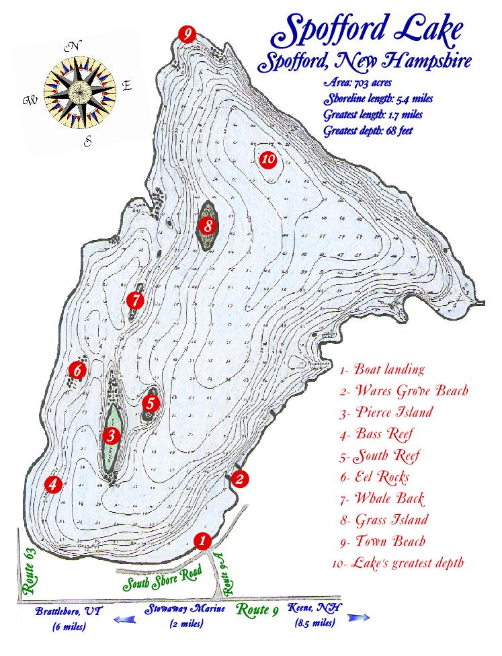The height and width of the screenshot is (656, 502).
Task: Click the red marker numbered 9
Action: pyautogui.click(x=187, y=34)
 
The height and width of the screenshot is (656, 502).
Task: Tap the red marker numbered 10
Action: pyautogui.click(x=268, y=159)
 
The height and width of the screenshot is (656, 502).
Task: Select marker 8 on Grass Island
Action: pyautogui.click(x=209, y=226)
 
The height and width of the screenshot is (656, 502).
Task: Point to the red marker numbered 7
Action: pyautogui.click(x=135, y=300)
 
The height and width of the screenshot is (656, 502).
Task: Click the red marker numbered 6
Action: pyautogui.click(x=78, y=369)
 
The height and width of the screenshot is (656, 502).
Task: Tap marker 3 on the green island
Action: pyautogui.click(x=112, y=436)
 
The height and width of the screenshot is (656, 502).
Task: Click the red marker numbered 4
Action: pyautogui.click(x=53, y=483)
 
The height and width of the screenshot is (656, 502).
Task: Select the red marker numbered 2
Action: pyautogui.click(x=240, y=479)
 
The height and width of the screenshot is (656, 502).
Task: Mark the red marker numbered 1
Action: pyautogui.click(x=201, y=540)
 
